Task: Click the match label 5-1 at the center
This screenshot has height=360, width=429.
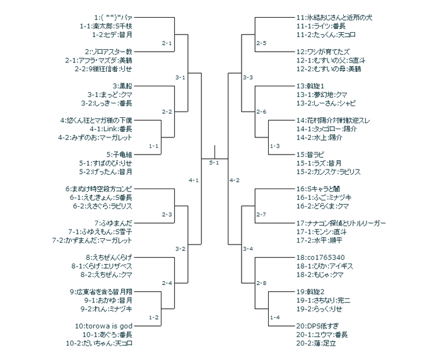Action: click(x=214, y=163)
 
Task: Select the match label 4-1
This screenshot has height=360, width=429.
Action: click(x=194, y=180)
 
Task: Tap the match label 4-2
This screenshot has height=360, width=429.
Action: click(x=235, y=180)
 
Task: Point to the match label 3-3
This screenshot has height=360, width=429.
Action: click(x=248, y=77)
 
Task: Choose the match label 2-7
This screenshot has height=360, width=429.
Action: click(x=261, y=214)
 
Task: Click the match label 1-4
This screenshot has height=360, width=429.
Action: click(x=274, y=317)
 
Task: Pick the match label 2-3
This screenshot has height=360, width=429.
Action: click(x=167, y=214)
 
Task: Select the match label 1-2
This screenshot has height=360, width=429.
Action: click(x=153, y=317)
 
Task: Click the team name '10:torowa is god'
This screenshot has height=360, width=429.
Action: click(x=108, y=325)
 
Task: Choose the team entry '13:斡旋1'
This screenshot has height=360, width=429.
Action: click(x=310, y=86)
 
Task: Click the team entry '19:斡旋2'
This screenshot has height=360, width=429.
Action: click(x=310, y=291)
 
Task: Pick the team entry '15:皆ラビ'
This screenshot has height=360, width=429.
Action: click(x=310, y=154)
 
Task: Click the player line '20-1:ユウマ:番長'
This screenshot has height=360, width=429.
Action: click(x=322, y=334)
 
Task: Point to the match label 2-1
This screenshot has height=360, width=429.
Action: click(x=167, y=43)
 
